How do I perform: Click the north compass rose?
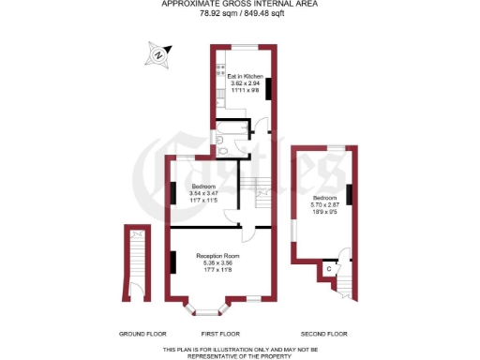[158, 55]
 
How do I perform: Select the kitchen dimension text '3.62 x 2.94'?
[245, 83]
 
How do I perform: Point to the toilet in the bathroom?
[221, 143]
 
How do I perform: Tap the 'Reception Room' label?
[217, 256]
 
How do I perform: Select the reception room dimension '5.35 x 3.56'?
[217, 263]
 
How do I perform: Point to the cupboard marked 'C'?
[328, 270]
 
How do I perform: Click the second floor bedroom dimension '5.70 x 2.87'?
[324, 205]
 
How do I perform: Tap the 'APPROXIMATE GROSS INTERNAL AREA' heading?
[239, 4]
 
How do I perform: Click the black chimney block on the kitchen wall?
[269, 88]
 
